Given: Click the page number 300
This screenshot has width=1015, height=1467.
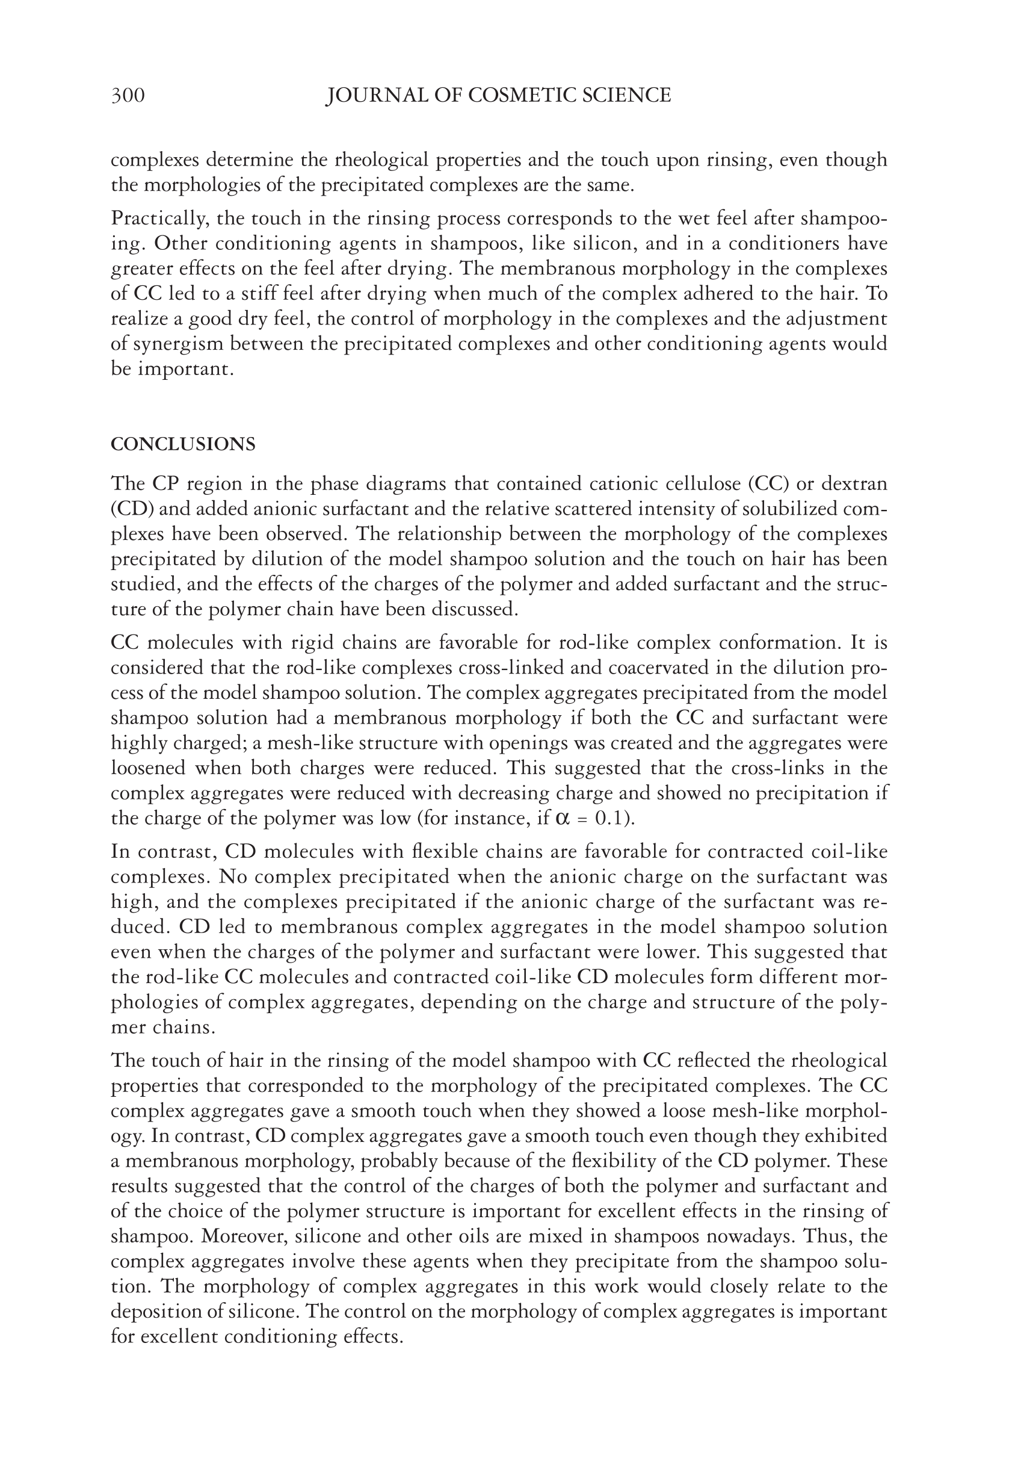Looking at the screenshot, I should (x=128, y=96).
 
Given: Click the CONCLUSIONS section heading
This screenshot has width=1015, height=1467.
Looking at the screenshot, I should (x=183, y=444).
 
